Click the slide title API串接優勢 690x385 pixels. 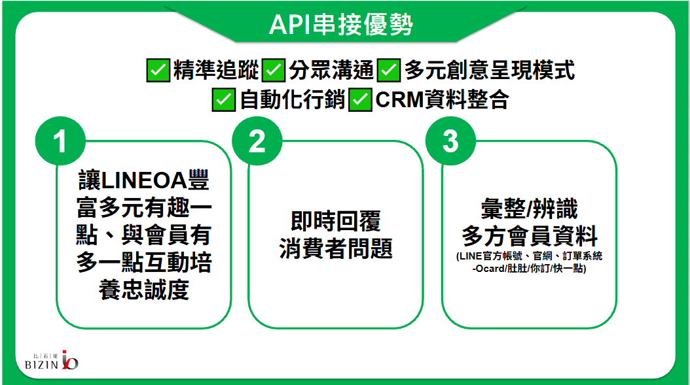point(341,24)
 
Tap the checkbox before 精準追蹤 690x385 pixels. point(158,71)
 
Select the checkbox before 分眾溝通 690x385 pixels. point(273,71)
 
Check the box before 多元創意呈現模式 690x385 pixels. point(389,71)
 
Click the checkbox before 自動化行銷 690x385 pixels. point(223,100)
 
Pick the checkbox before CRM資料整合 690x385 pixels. point(361,100)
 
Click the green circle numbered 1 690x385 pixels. point(60,141)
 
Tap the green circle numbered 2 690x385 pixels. point(257,141)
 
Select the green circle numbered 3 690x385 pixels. point(450,141)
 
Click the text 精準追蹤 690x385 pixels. point(216,71)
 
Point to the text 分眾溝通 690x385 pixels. point(331,71)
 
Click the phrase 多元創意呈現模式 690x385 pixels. point(489,71)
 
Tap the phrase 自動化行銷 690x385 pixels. point(292,100)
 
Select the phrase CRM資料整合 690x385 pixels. point(443,100)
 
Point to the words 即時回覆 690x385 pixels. point(336,221)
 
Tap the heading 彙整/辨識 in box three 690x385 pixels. point(530,209)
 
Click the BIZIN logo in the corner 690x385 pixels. point(52,360)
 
